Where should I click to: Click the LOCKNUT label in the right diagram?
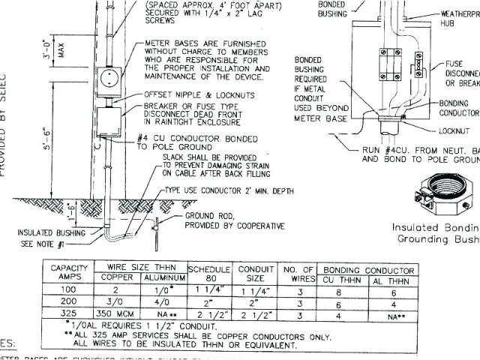tap(454, 130)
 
